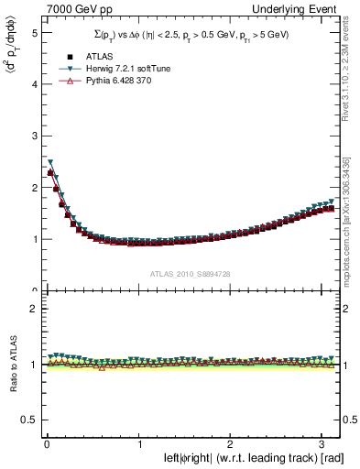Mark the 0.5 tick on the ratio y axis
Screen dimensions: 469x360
[28, 419]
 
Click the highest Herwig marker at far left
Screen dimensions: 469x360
[50, 162]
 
